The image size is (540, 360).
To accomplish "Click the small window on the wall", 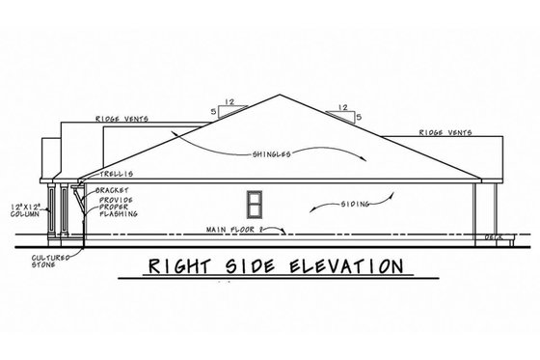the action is (256, 204).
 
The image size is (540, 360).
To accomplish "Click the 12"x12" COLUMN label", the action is (24, 211).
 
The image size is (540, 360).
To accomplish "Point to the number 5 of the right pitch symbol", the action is (358, 118).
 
